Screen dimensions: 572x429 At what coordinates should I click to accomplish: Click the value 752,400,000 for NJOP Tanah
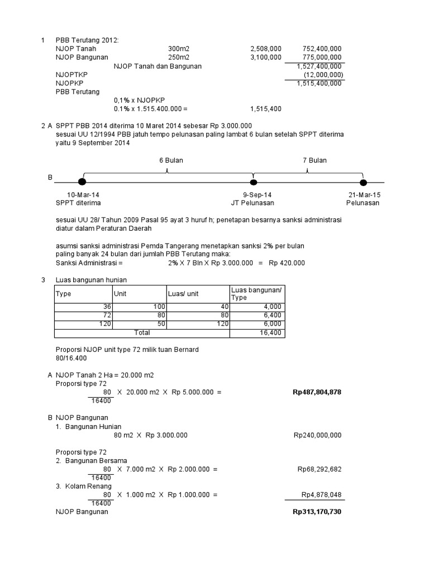click(x=322, y=49)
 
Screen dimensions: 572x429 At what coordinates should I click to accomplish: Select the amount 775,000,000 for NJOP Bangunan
click(x=322, y=57)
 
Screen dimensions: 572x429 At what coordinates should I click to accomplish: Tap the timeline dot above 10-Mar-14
click(x=82, y=182)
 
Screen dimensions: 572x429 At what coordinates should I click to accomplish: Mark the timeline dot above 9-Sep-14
click(x=254, y=182)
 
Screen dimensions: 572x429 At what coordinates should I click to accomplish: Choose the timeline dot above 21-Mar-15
click(x=363, y=182)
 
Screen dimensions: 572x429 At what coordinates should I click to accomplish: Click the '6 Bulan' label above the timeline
click(x=171, y=160)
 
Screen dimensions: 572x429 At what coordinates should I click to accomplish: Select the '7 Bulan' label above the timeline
click(x=314, y=160)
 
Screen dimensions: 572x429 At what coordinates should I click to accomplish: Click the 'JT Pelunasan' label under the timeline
click(x=252, y=203)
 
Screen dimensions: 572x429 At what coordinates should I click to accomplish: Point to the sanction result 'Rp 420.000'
click(x=287, y=263)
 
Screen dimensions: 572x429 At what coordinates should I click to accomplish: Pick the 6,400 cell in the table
click(x=273, y=316)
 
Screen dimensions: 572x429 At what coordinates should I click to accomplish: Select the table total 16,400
click(x=272, y=333)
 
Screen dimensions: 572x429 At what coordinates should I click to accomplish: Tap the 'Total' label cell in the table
click(x=142, y=333)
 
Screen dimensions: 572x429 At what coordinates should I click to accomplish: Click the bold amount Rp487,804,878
click(x=317, y=392)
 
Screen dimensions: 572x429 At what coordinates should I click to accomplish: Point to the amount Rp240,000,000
click(x=317, y=435)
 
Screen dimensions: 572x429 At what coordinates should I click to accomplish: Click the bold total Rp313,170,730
click(x=317, y=512)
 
